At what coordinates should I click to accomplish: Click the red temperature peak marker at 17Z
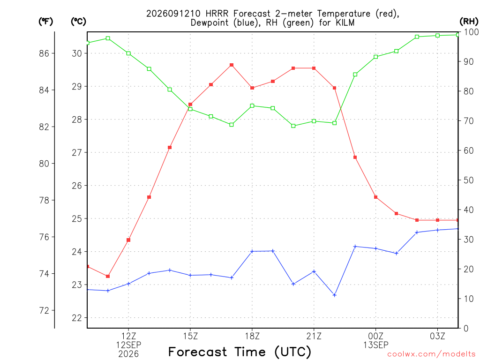[232, 65]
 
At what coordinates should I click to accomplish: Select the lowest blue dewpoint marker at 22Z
[335, 295]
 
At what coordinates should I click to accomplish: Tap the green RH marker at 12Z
[128, 53]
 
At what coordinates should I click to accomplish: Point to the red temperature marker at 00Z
[375, 197]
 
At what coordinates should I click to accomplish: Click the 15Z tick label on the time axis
[190, 336]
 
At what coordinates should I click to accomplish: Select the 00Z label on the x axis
[375, 336]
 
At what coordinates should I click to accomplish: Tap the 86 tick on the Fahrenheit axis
[44, 53]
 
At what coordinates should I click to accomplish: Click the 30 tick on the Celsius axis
[77, 53]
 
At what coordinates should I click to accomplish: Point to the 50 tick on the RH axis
[468, 180]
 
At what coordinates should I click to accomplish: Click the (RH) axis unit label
[469, 21]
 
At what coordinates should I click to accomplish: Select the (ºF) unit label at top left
[45, 21]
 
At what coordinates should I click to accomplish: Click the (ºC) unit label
[78, 21]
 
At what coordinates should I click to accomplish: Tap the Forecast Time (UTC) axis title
[240, 352]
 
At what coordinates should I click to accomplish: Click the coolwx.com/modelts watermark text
[431, 354]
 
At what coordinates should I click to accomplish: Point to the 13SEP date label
[375, 345]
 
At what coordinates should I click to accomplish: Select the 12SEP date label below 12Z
[128, 345]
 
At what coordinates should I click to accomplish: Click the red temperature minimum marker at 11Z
[108, 277]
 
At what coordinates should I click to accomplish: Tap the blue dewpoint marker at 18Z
[252, 251]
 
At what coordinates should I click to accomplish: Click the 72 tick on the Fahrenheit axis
[44, 311]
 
